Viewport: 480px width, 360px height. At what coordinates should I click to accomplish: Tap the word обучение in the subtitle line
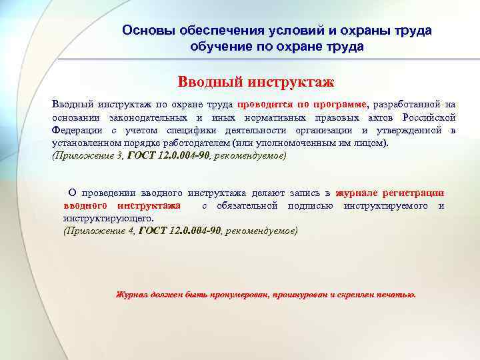tap(217, 47)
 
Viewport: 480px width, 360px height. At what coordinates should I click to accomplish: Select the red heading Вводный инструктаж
tap(256, 82)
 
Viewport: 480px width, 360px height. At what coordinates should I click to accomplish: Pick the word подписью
tap(311, 205)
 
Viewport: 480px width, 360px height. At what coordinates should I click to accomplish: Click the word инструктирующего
tap(107, 218)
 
